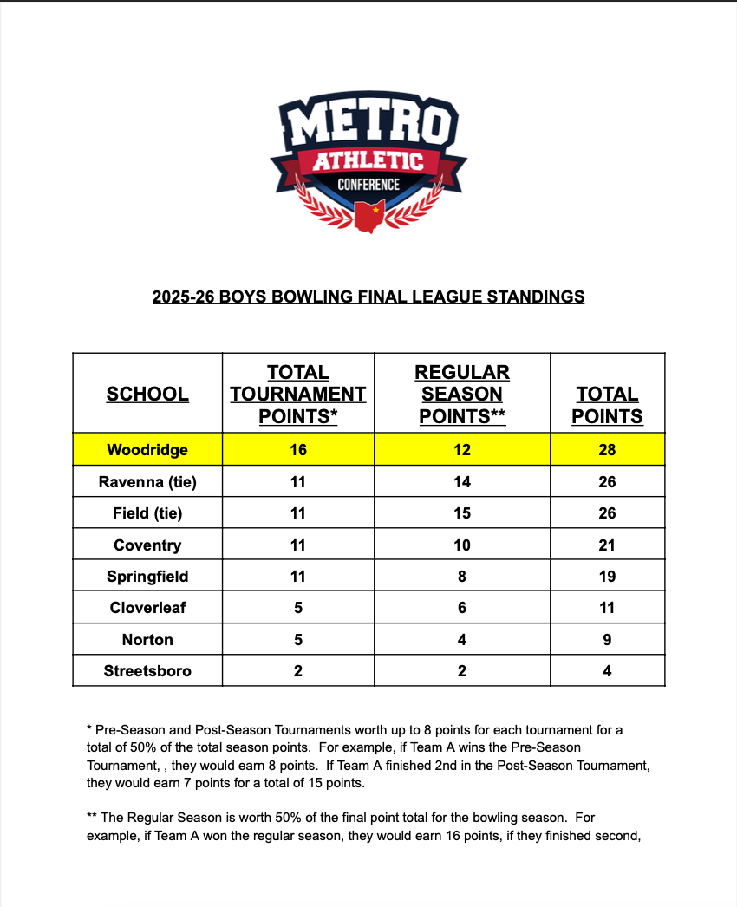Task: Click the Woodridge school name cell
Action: pyautogui.click(x=147, y=450)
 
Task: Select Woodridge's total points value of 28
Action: pyautogui.click(x=607, y=450)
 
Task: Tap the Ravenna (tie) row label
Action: pyautogui.click(x=147, y=482)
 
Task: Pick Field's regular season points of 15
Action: pyautogui.click(x=462, y=513)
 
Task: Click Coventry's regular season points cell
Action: pyautogui.click(x=462, y=545)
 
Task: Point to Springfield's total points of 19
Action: pyautogui.click(x=607, y=577)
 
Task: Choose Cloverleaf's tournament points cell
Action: pyautogui.click(x=298, y=608)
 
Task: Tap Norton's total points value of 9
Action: pyautogui.click(x=607, y=640)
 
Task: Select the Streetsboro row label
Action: pyautogui.click(x=147, y=671)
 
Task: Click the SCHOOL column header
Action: pyautogui.click(x=147, y=395)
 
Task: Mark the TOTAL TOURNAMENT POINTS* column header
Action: pyautogui.click(x=298, y=395)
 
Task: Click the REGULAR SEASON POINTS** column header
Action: pyautogui.click(x=462, y=395)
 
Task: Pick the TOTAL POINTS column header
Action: pyautogui.click(x=607, y=405)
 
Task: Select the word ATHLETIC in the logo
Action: pyautogui.click(x=368, y=160)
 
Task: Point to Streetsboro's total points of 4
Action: pyautogui.click(x=607, y=671)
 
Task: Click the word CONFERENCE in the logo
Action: pyautogui.click(x=368, y=184)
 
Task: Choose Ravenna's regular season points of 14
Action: pyautogui.click(x=462, y=482)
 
